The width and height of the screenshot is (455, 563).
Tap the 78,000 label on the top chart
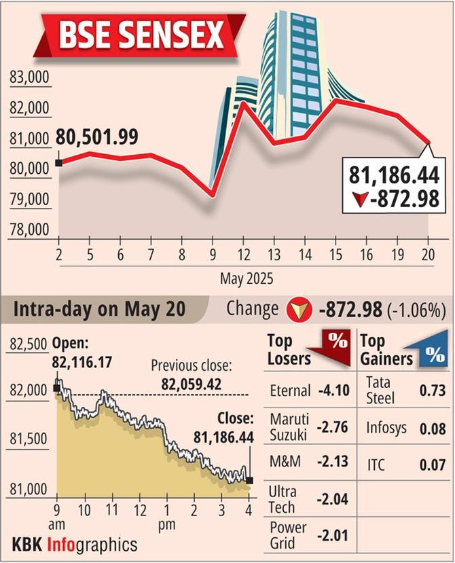[30, 230]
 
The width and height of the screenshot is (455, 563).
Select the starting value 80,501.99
[97, 137]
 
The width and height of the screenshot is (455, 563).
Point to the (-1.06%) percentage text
[418, 310]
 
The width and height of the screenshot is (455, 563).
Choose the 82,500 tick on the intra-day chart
[29, 345]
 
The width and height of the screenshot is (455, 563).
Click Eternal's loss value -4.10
[331, 391]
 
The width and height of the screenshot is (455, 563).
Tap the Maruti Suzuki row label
[288, 425]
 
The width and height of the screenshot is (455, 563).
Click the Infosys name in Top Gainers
[386, 429]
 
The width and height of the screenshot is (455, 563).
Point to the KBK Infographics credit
[75, 544]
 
